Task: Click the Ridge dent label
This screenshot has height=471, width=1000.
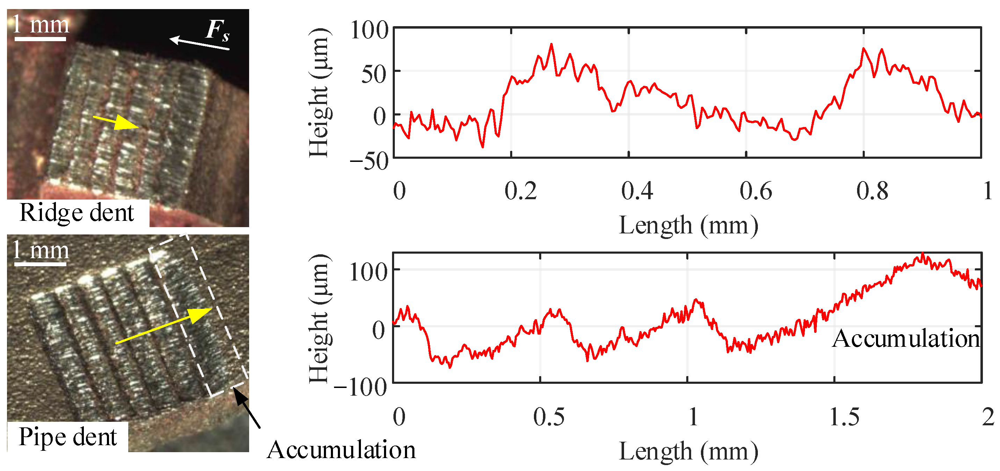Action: tap(77, 213)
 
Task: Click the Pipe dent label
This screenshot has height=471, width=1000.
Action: tap(67, 437)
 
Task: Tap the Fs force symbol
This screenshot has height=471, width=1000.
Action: tap(217, 30)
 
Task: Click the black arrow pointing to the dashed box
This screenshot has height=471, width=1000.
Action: tap(247, 409)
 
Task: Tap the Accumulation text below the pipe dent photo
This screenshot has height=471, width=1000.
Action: tap(341, 450)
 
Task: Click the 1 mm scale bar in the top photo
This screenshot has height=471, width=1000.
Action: tap(41, 38)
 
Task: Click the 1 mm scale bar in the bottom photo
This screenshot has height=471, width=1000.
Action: tap(41, 264)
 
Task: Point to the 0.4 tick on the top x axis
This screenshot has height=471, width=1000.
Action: tap(637, 191)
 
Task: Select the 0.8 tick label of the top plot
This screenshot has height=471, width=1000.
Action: tap(872, 191)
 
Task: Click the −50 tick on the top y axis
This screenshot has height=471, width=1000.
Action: tap(369, 160)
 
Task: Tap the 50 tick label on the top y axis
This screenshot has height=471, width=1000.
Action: tap(374, 74)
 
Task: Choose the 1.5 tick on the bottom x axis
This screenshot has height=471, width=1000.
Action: tap(844, 417)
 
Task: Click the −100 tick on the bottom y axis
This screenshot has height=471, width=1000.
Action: tap(361, 387)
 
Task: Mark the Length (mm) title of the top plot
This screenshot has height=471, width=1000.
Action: tap(688, 225)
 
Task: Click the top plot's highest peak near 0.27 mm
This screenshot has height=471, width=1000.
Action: tap(551, 45)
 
